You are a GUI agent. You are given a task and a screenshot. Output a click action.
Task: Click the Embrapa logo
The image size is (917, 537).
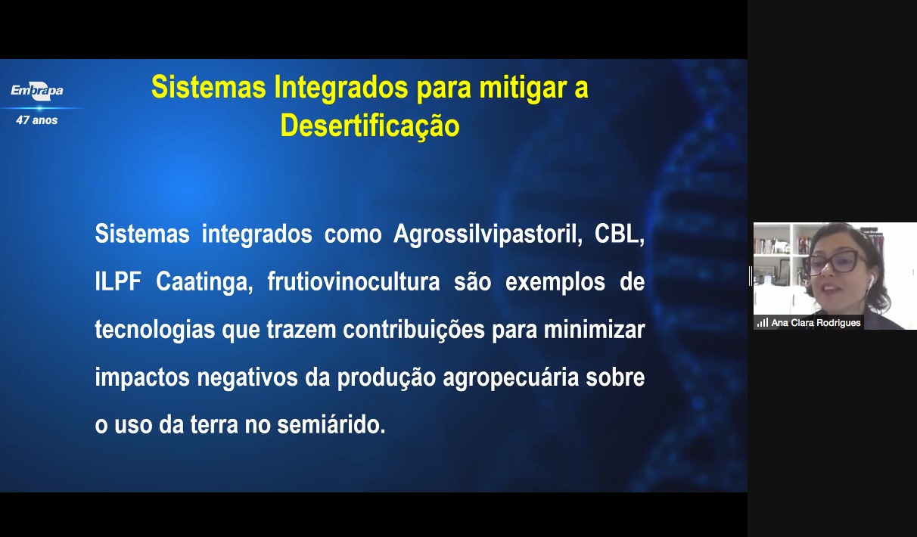(37, 90)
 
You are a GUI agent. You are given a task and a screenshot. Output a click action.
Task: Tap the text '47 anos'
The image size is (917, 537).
(37, 120)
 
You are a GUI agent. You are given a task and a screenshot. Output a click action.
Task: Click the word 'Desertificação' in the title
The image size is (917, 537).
(370, 126)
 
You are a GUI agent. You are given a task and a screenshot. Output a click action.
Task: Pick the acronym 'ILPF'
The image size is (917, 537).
(118, 281)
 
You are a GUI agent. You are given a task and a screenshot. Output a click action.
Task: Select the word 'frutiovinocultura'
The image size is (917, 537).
(353, 281)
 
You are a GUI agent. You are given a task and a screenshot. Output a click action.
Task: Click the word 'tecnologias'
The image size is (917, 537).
(155, 330)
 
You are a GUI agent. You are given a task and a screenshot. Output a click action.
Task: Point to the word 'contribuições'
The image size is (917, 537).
(413, 330)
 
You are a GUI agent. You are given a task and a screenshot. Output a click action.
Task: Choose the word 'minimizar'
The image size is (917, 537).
(595, 329)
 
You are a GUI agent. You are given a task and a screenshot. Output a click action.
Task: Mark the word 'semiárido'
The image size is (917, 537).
(331, 424)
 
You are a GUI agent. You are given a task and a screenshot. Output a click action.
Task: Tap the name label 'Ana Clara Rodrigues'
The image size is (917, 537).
(816, 323)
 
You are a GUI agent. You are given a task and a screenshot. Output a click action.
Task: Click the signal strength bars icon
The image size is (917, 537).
(762, 323)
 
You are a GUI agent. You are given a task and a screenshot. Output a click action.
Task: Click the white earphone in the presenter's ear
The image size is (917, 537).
(870, 281)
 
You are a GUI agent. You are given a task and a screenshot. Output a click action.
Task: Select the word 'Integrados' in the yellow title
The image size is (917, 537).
(341, 88)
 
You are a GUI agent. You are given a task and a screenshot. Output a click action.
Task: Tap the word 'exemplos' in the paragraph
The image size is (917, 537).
(555, 283)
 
